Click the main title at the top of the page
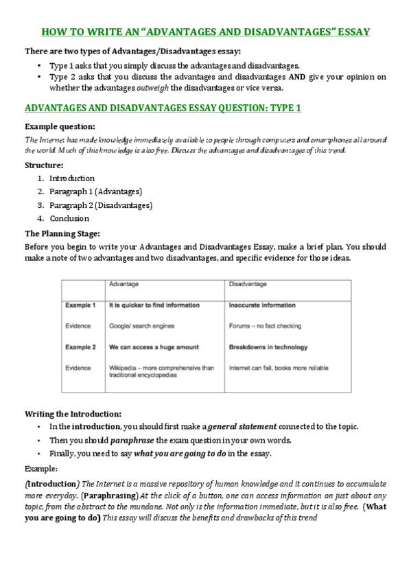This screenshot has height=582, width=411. point(205,32)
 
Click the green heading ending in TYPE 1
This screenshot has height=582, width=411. point(163,108)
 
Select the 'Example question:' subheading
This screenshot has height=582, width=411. point(60,126)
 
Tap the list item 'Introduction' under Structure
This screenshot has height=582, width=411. point(72,178)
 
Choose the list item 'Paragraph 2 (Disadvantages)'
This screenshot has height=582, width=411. point(101,205)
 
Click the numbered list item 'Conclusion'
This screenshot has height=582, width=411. point(69,218)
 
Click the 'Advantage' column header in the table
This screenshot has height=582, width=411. point(124,284)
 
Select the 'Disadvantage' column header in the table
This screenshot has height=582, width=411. point(248,284)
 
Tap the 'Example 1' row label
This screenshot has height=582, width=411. point(80,305)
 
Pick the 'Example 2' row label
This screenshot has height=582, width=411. point(80,347)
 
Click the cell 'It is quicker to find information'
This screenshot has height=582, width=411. point(154,305)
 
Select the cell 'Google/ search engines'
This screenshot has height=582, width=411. point(142,326)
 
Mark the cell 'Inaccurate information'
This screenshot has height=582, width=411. point(262,305)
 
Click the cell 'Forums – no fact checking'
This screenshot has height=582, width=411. point(265,326)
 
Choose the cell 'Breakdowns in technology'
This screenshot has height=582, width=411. point(268,347)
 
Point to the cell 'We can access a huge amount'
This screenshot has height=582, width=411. point(154,347)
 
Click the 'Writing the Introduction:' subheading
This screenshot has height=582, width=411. point(73,414)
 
